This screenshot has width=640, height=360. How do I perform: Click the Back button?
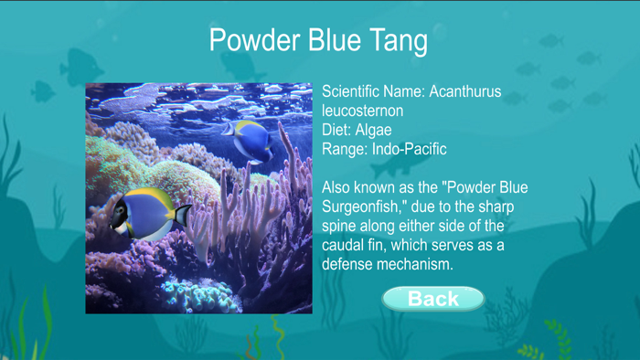tap(432, 299)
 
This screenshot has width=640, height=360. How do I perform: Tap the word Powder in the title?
tap(251, 41)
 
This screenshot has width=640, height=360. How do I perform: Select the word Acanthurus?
tap(465, 92)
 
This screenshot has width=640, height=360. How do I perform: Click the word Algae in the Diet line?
tap(375, 130)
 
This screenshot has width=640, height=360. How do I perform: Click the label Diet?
tap(336, 130)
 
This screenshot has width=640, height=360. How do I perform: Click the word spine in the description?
tap(342, 226)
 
